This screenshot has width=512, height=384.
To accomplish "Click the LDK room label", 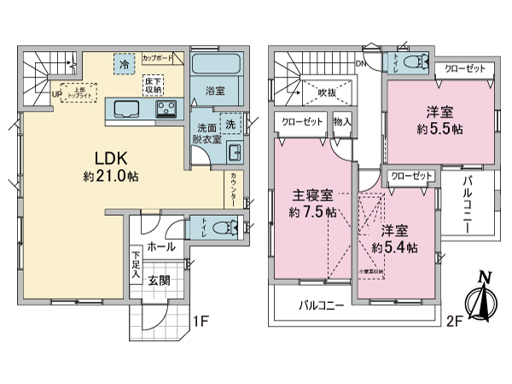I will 101,160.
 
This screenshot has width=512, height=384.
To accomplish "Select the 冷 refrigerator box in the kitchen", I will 125,65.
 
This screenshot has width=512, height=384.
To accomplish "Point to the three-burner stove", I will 166,108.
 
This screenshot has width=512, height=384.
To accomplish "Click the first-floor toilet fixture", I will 220,228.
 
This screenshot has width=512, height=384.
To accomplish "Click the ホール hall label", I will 160,247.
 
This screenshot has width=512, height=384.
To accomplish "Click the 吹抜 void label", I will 326,92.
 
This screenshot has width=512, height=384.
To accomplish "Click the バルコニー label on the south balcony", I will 321,305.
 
